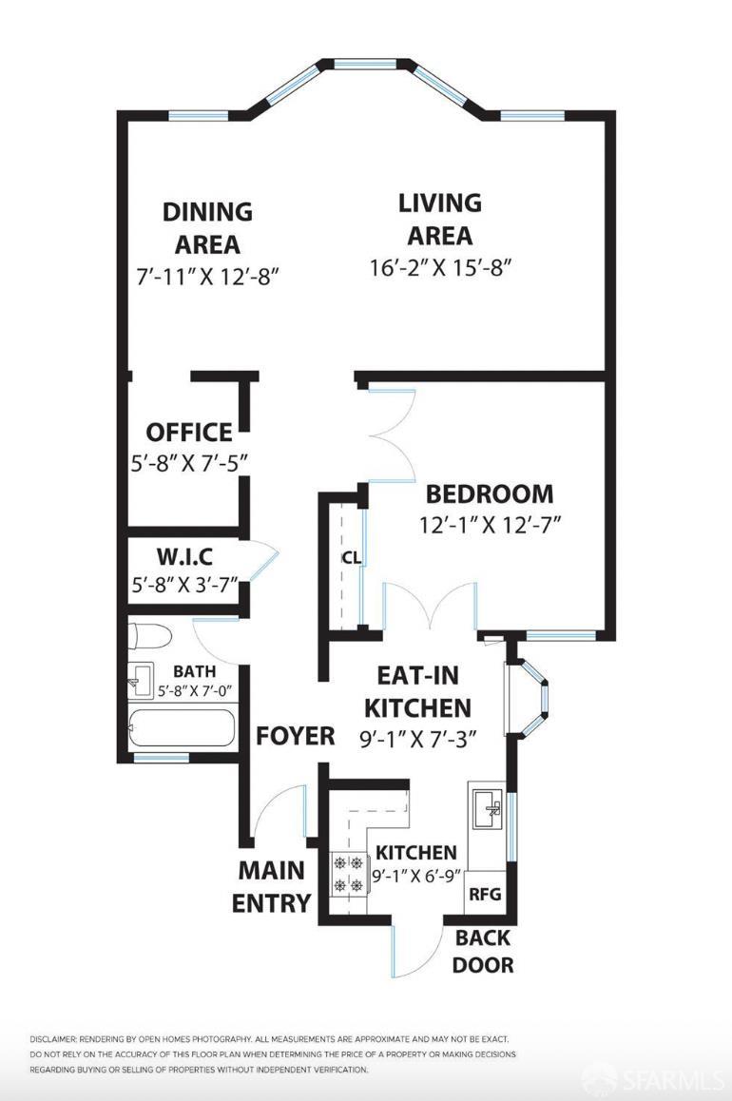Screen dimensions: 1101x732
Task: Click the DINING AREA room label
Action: [x=207, y=227]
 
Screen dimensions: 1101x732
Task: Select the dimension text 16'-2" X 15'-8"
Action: [x=440, y=267]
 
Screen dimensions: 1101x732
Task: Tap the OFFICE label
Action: [x=188, y=433]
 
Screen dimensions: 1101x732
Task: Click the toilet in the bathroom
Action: [x=149, y=634]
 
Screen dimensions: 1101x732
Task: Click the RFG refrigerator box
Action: [x=483, y=895]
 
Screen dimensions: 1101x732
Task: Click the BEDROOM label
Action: [x=489, y=494]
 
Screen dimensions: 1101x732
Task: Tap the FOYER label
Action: [x=296, y=736]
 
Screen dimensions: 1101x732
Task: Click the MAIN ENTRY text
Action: [x=272, y=886]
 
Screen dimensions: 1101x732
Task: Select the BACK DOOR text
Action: [x=483, y=951]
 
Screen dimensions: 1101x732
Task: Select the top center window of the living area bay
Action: [x=372, y=65]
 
